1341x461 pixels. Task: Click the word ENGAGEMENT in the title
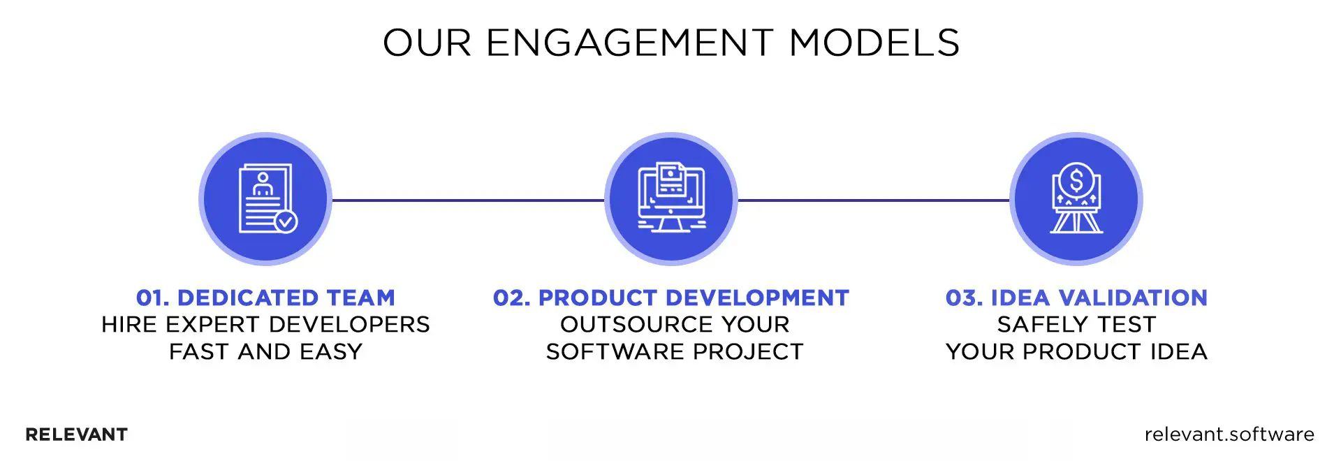click(x=629, y=43)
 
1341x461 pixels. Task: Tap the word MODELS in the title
click(x=874, y=43)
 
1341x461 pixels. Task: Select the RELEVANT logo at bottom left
click(x=76, y=434)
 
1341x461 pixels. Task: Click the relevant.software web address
click(x=1229, y=434)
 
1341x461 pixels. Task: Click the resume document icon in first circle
click(x=264, y=198)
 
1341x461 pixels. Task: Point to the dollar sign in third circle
click(x=1076, y=181)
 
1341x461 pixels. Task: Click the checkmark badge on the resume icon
click(x=286, y=221)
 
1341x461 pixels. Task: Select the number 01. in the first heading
click(x=152, y=298)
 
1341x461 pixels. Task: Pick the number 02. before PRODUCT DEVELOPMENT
click(x=511, y=298)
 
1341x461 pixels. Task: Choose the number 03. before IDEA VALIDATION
click(x=964, y=298)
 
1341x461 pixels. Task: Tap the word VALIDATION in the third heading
click(x=1133, y=298)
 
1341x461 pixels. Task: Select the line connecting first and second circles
click(x=468, y=200)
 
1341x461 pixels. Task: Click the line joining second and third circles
click(x=873, y=200)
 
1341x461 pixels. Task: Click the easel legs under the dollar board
click(x=1076, y=223)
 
